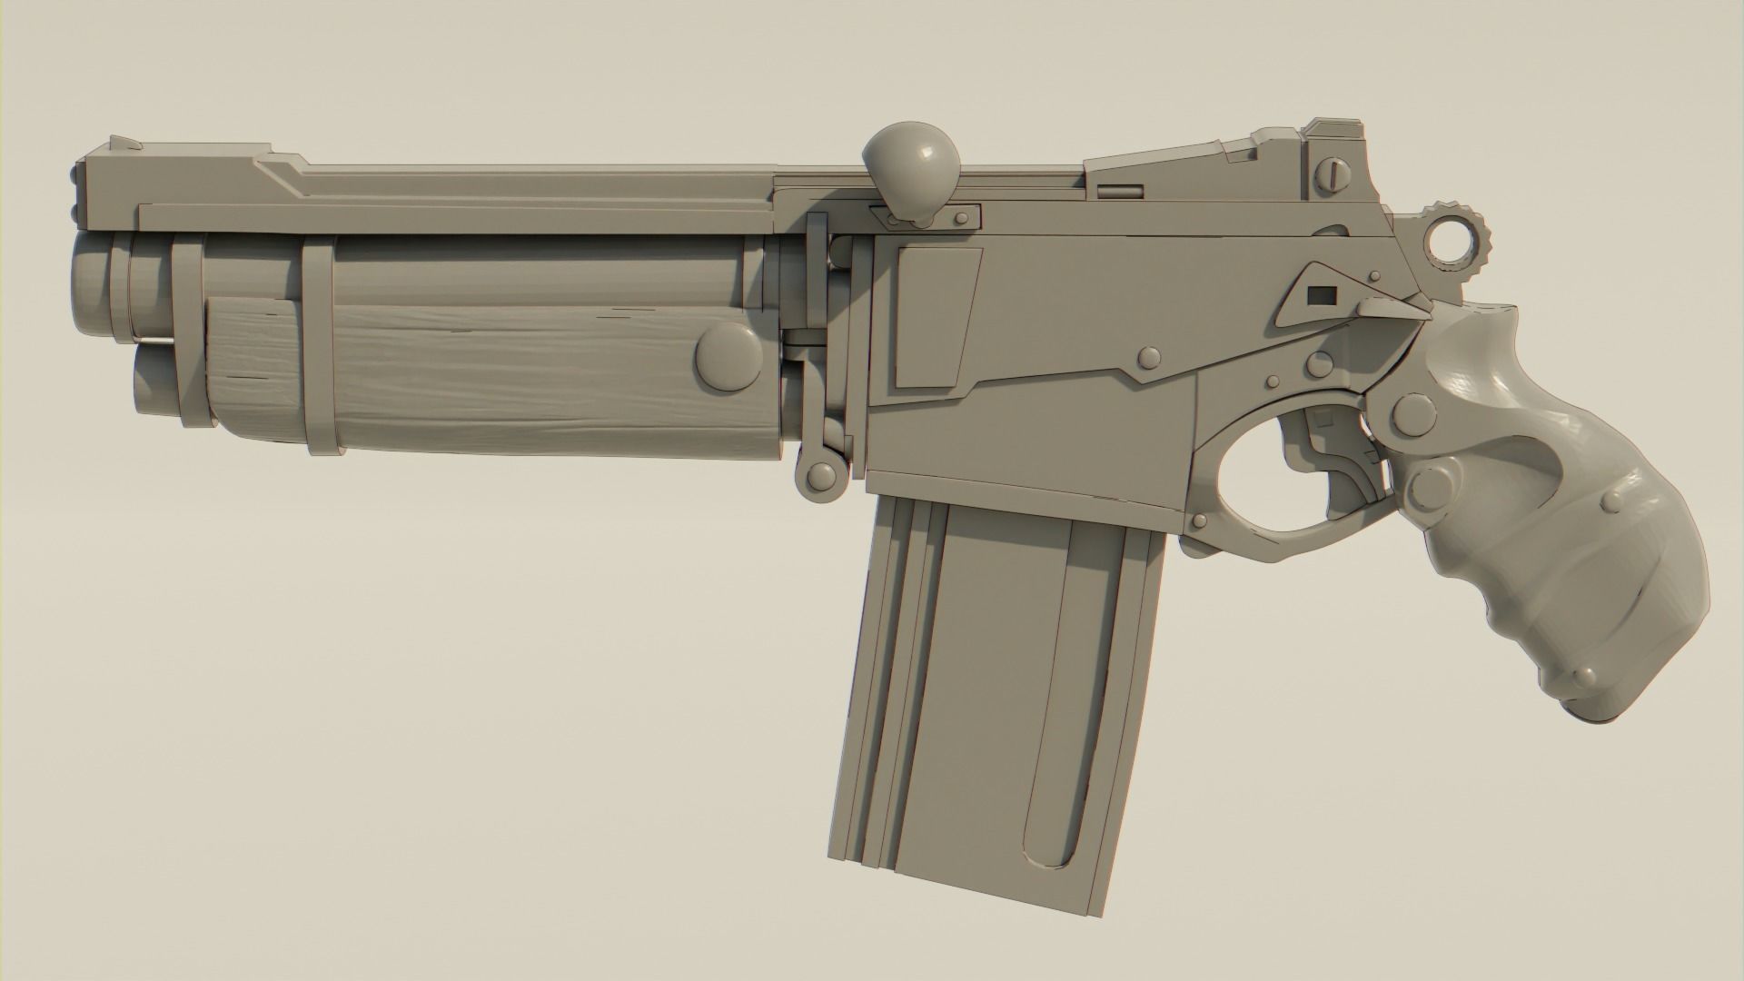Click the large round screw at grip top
(1417, 413)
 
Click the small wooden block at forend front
(250, 359)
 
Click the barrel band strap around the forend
(318, 345)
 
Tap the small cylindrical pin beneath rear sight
(1124, 192)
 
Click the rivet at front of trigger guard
(1200, 520)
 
